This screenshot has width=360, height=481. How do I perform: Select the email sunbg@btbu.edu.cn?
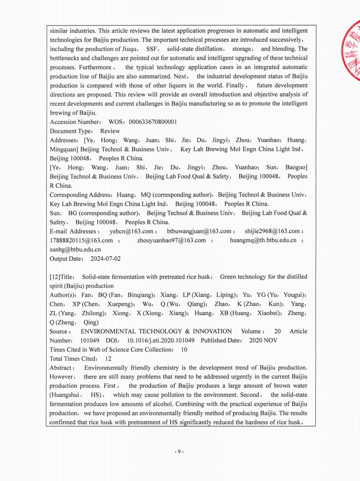coord(75,249)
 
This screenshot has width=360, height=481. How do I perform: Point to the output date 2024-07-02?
coord(106,259)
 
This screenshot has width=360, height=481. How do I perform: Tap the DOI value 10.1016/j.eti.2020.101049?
coord(160,340)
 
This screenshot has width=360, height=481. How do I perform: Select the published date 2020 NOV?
coord(263,340)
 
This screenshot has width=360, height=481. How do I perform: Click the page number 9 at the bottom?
coord(179,452)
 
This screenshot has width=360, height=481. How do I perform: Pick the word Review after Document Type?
coord(110,131)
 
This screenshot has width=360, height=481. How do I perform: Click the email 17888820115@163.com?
coord(81,240)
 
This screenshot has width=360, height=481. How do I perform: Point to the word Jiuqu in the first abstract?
coord(129,49)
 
